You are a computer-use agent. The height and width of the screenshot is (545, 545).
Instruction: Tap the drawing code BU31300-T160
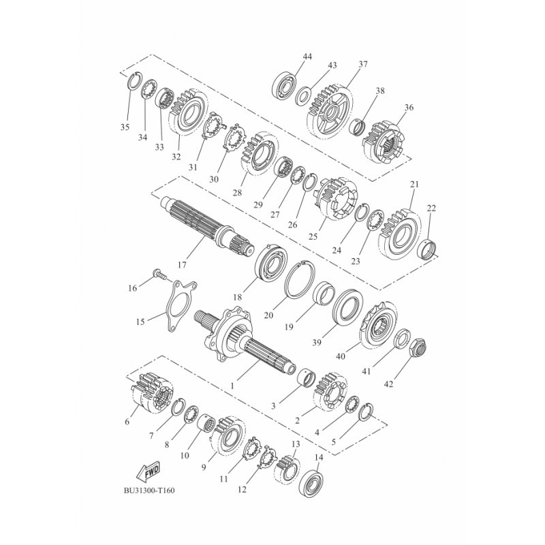[x=149, y=490]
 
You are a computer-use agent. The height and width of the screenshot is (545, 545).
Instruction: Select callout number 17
[x=182, y=265]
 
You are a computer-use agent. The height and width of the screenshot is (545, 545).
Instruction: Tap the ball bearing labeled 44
[x=284, y=85]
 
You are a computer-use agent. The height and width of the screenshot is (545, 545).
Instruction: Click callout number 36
[x=409, y=108]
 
